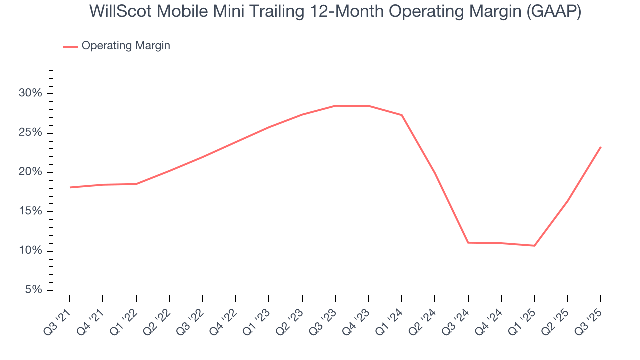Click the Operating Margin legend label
pos(126,46)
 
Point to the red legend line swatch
pos(70,46)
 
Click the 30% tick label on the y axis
pos(31,94)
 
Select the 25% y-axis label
pos(31,133)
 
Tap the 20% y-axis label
pos(31,172)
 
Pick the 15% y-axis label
pos(31,212)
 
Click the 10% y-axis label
pos(31,251)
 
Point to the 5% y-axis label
pos(33,290)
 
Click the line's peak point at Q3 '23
pos(335,106)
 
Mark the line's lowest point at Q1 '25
pos(534,246)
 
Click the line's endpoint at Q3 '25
pos(600,147)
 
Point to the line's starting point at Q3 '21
pos(70,187)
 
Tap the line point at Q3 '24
pos(468,243)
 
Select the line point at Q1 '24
pos(402,115)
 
